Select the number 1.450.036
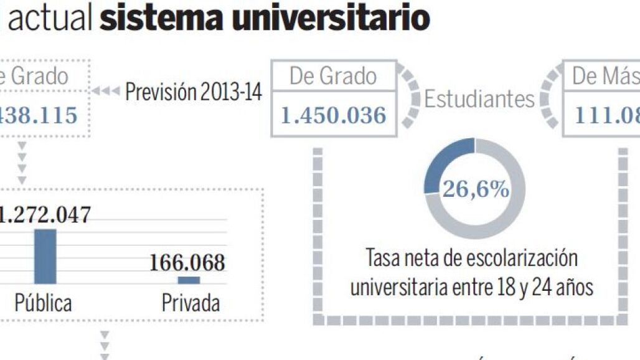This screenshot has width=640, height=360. pyautogui.click(x=333, y=115)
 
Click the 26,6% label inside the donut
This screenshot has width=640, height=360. pyautogui.click(x=475, y=189)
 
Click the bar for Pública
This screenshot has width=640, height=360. pyautogui.click(x=45, y=257)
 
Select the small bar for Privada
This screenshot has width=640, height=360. pyautogui.click(x=189, y=280)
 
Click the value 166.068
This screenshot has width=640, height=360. pyautogui.click(x=187, y=263)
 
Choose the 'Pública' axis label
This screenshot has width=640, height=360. pyautogui.click(x=43, y=303)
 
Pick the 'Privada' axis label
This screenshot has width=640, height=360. pyautogui.click(x=191, y=303)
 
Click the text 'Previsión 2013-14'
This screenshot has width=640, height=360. pyautogui.click(x=194, y=93)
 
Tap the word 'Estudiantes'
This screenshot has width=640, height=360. pyautogui.click(x=479, y=98)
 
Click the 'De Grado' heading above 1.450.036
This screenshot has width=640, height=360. pyautogui.click(x=333, y=77)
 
